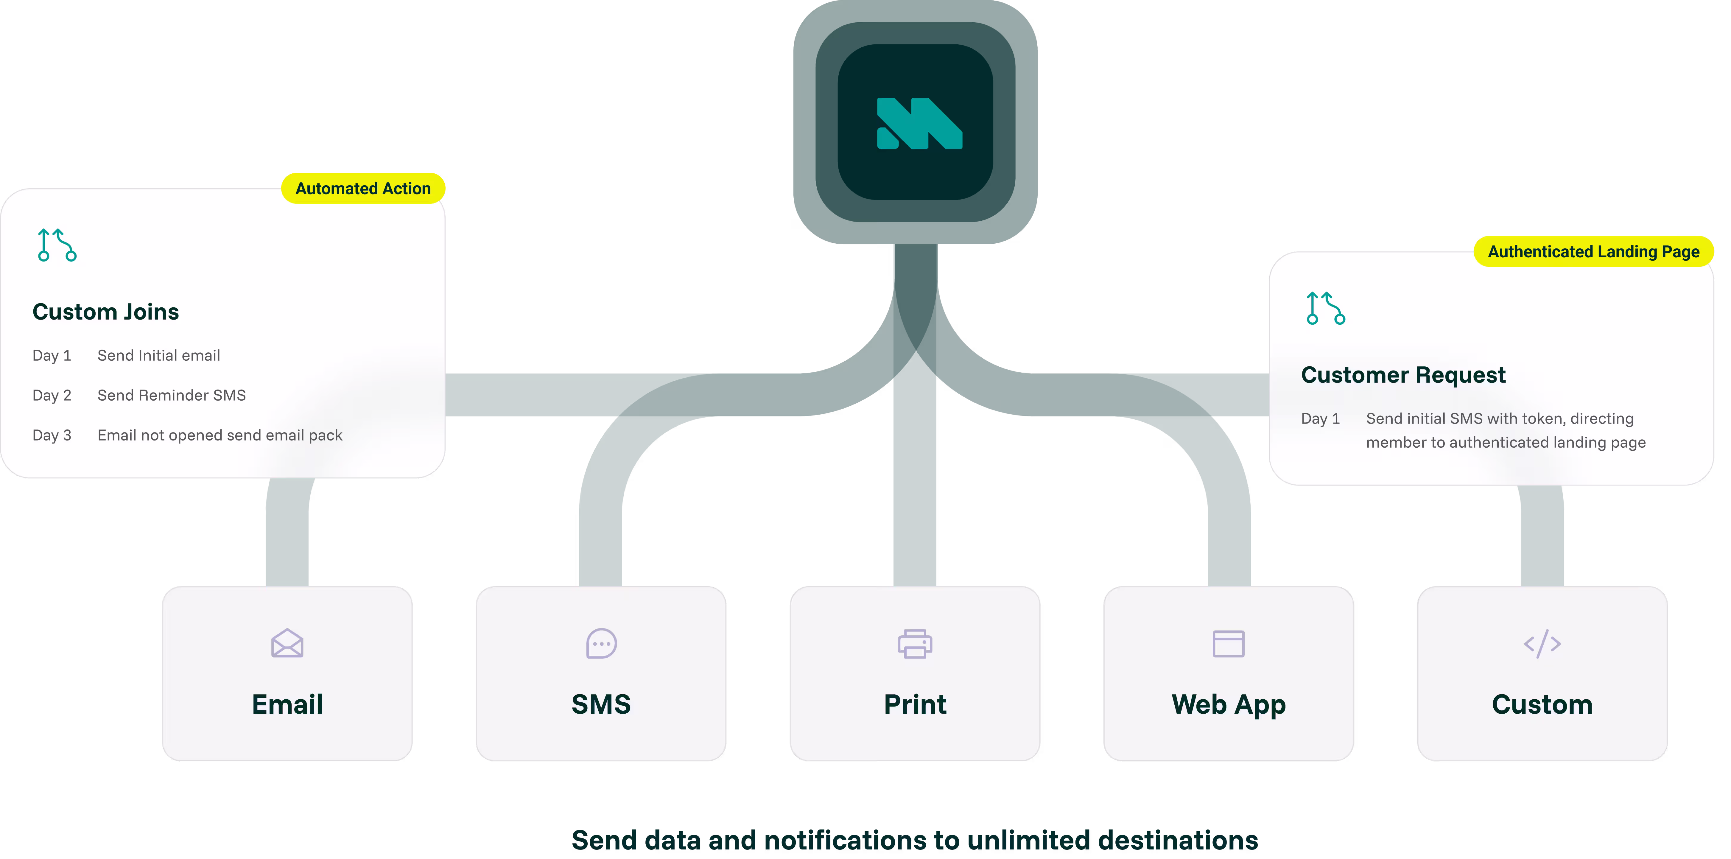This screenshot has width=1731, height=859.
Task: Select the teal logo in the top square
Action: click(x=919, y=123)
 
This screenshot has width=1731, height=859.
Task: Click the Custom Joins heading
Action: click(x=105, y=312)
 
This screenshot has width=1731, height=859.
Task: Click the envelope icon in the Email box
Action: click(x=287, y=643)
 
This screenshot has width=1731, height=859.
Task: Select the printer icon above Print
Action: click(x=915, y=643)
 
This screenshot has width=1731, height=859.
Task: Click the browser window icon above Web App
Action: click(x=1228, y=643)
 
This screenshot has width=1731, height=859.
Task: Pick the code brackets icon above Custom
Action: click(x=1542, y=643)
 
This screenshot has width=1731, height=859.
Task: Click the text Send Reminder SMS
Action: click(x=171, y=395)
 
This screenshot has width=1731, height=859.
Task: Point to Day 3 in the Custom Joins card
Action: click(x=52, y=435)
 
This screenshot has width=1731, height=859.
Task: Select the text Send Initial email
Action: click(x=158, y=356)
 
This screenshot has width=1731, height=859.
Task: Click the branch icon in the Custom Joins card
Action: click(x=57, y=245)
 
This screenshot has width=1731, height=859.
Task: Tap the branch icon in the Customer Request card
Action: click(x=1325, y=308)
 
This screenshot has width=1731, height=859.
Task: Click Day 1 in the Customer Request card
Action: click(x=1320, y=419)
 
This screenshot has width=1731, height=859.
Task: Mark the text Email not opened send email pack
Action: click(x=220, y=435)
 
